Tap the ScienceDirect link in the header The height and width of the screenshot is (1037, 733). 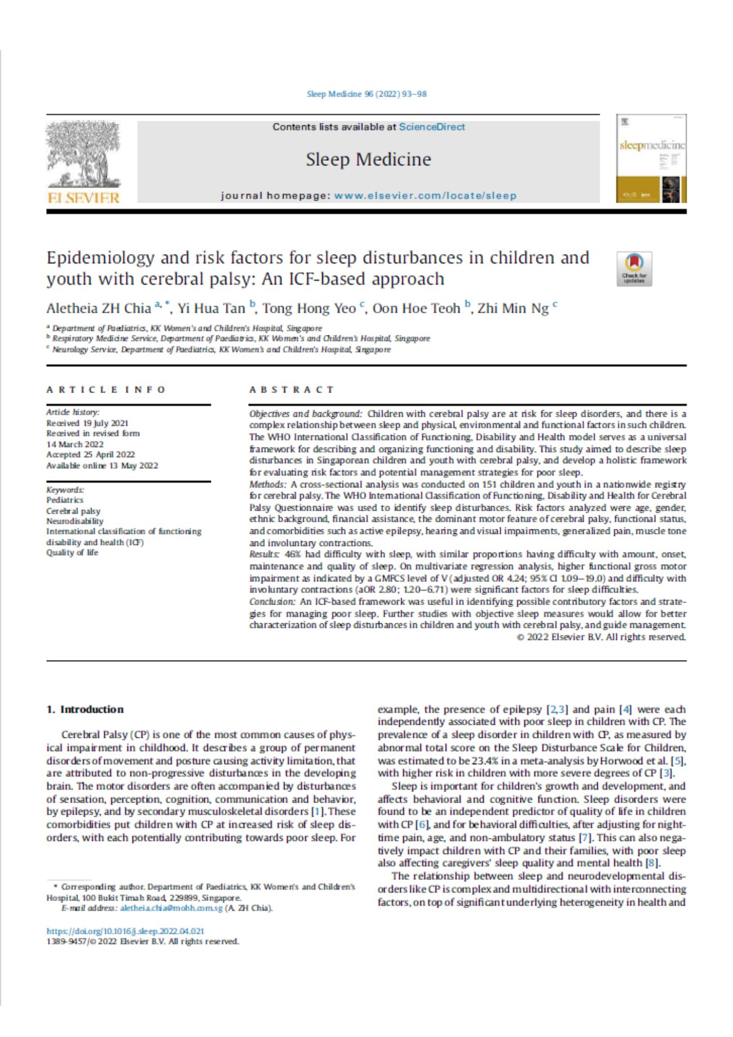pos(432,127)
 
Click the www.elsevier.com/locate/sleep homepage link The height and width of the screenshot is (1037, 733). pos(425,196)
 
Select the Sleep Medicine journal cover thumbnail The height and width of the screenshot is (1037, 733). pos(652,159)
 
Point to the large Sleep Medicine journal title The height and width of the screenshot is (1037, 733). pos(368,159)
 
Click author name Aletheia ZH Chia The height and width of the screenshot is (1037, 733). pos(98,309)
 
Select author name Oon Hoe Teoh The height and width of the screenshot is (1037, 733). pos(416,309)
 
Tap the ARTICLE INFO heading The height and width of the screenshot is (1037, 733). pos(106,390)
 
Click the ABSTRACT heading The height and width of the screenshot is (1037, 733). pos(292,390)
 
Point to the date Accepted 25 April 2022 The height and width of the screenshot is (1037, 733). pos(91,455)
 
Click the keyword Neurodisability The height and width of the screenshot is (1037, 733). pos(75,521)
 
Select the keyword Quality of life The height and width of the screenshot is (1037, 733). pos(72,553)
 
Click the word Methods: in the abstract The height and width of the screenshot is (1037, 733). pos(267,484)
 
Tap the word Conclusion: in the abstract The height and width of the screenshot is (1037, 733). pos(272,602)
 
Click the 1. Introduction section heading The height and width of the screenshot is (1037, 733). pos(85,709)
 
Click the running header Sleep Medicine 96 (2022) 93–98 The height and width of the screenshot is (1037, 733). pos(366,94)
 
